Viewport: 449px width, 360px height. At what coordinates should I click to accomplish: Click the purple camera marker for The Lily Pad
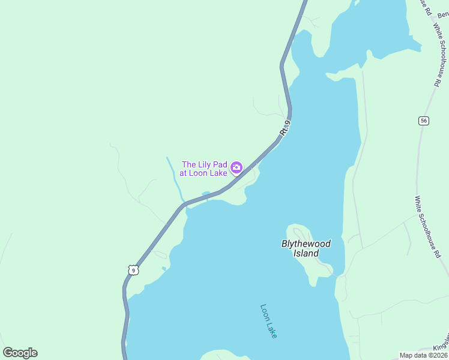(x=237, y=167)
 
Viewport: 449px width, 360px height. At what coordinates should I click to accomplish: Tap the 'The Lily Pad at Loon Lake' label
(x=205, y=169)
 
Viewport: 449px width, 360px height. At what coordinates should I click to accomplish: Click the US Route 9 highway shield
(x=133, y=270)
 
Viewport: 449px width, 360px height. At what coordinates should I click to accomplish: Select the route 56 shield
(x=424, y=121)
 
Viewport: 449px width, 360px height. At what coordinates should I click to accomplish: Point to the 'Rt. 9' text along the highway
(x=285, y=128)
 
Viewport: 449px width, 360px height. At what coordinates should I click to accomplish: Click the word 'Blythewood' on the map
(x=306, y=244)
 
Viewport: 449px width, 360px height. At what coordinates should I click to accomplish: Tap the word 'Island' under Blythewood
(x=306, y=253)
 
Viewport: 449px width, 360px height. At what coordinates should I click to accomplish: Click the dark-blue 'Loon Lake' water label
(x=269, y=321)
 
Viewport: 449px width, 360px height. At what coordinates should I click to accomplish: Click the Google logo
(x=20, y=353)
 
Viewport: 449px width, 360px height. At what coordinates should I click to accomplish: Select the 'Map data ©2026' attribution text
(x=424, y=355)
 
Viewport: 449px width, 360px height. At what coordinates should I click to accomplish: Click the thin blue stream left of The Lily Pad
(x=176, y=180)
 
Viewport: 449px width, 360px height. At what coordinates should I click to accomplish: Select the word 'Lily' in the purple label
(x=203, y=164)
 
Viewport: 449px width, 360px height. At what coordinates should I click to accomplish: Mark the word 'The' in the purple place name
(x=189, y=164)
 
